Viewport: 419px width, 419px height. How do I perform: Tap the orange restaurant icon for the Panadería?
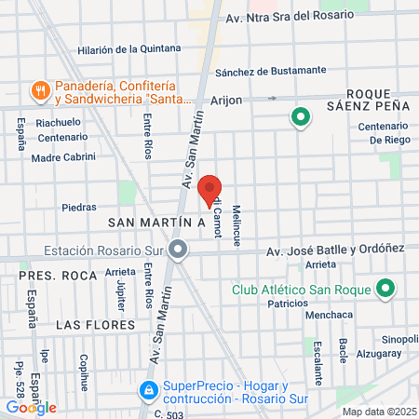point(39,90)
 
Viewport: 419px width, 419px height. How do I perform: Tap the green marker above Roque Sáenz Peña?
point(300,117)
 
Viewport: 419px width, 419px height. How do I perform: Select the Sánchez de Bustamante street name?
point(270,71)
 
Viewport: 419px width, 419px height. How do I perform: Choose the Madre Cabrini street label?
point(63,156)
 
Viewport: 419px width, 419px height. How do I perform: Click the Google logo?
point(31,407)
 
